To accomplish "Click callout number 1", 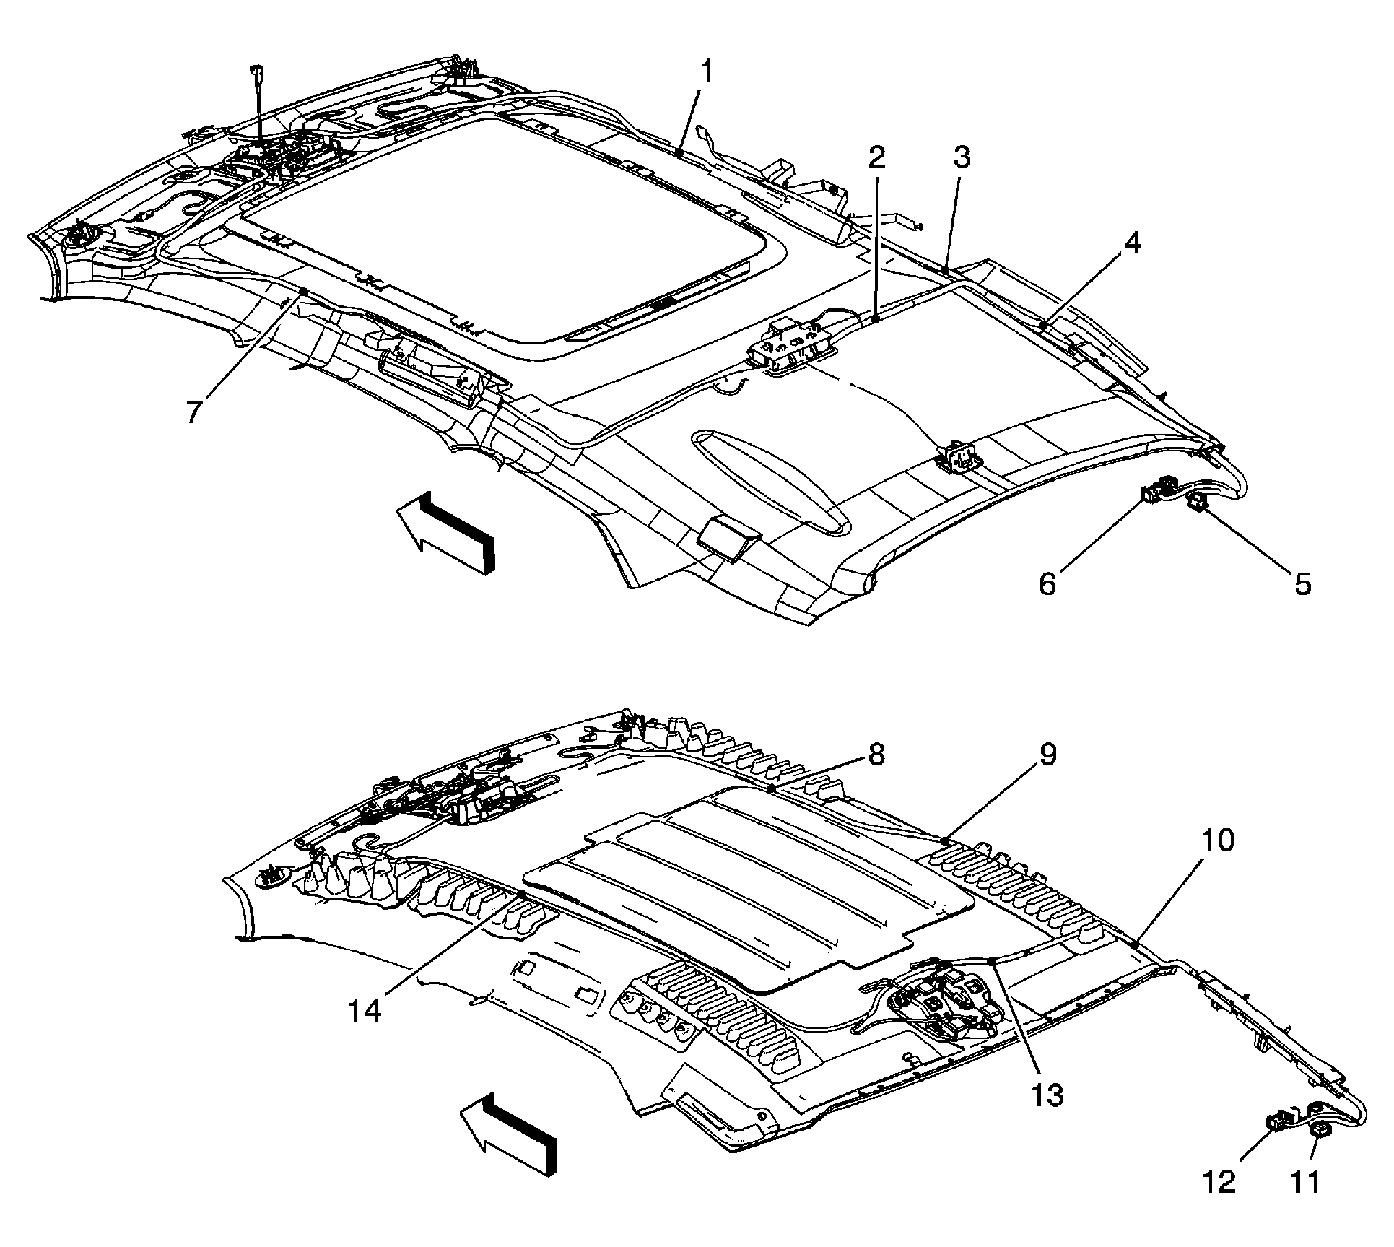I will [707, 73].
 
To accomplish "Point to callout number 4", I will [1132, 243].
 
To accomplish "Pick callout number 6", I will [1047, 583].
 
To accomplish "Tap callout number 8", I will [875, 756].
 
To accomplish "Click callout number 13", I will [1047, 1095].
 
